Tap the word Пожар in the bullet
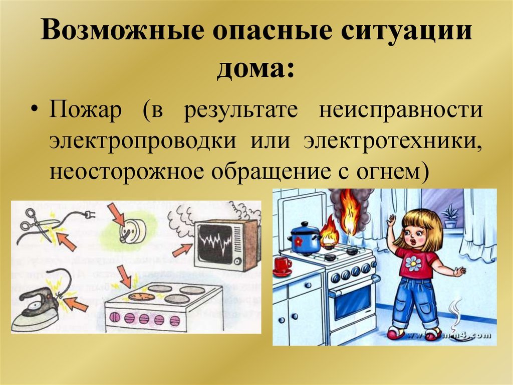[x=85, y=110]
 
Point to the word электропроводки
[x=142, y=142]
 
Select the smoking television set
[x=227, y=244]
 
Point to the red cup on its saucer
[x=283, y=266]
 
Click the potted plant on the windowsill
[x=450, y=216]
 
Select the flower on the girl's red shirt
[x=413, y=264]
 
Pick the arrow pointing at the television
[x=182, y=251]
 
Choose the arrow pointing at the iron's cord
[x=76, y=304]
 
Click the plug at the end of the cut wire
[x=88, y=215]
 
